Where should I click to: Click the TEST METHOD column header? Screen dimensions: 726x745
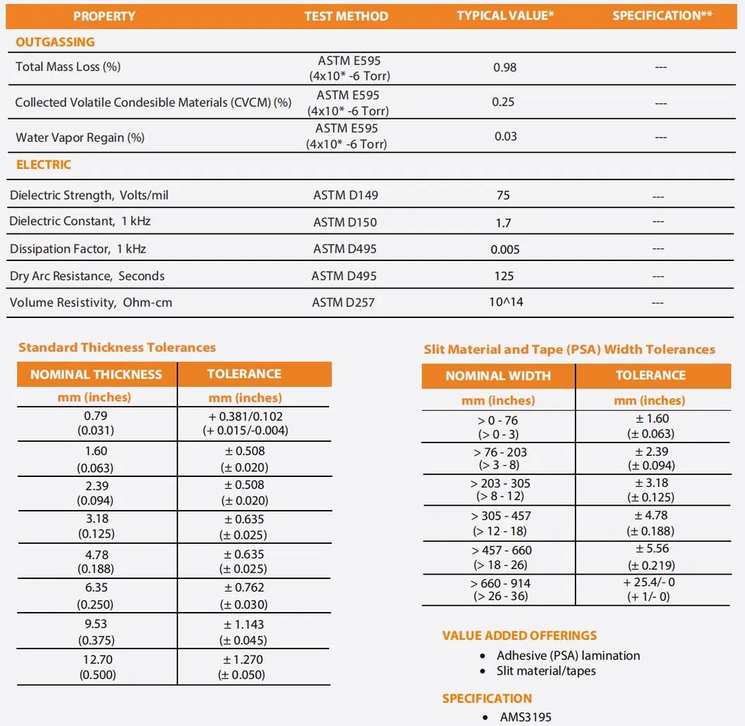click(x=346, y=16)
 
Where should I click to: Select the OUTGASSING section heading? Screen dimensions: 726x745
click(x=55, y=42)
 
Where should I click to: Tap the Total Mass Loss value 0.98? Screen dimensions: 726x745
click(x=504, y=68)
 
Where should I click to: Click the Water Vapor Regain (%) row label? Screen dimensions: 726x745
click(x=80, y=137)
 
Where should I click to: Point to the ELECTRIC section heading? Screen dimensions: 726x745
click(x=44, y=165)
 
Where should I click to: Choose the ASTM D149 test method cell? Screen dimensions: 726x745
click(x=345, y=196)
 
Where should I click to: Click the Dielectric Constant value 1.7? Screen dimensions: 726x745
click(x=503, y=223)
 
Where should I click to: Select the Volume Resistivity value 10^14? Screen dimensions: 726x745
click(x=507, y=302)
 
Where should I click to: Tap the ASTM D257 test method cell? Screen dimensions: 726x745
click(x=344, y=302)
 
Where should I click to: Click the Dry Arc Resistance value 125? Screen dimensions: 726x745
click(x=504, y=276)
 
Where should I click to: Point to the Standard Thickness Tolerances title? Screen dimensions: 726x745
click(x=117, y=348)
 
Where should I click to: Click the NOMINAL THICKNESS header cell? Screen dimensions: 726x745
click(x=96, y=374)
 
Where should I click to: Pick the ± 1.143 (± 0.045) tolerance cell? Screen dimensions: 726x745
click(x=244, y=632)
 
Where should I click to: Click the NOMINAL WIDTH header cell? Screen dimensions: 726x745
click(x=498, y=376)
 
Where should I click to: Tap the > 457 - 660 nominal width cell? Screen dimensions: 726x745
click(x=501, y=557)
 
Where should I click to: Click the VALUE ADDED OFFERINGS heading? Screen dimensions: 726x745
click(x=519, y=636)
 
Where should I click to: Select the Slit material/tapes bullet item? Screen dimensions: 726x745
click(x=546, y=671)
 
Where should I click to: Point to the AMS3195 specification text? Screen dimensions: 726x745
click(x=526, y=718)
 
